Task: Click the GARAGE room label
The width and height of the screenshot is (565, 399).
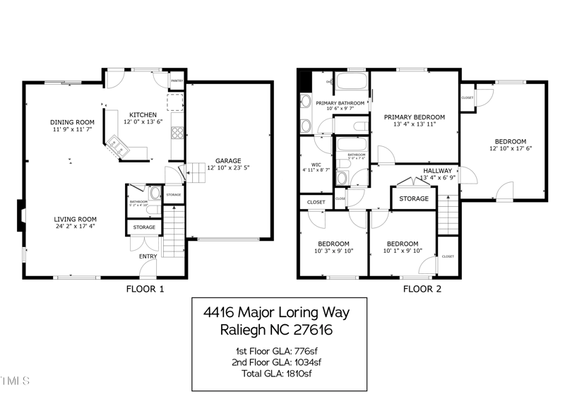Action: pyautogui.click(x=224, y=160)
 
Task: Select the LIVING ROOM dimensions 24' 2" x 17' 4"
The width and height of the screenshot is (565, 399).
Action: pyautogui.click(x=75, y=227)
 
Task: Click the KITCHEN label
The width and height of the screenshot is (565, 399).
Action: pyautogui.click(x=143, y=114)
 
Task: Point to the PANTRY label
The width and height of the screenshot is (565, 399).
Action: pyautogui.click(x=177, y=81)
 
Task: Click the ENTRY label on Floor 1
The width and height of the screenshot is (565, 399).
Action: pyautogui.click(x=148, y=256)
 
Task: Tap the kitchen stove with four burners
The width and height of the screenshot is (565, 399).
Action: pyautogui.click(x=177, y=132)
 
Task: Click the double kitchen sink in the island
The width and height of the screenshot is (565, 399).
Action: pyautogui.click(x=116, y=147)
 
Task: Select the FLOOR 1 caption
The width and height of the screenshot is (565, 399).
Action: pyautogui.click(x=145, y=289)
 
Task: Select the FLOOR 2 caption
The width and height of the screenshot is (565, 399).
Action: pyautogui.click(x=422, y=289)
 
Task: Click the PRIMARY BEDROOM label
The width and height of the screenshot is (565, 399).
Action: pyautogui.click(x=414, y=117)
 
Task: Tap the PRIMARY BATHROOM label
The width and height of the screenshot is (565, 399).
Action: pyautogui.click(x=340, y=103)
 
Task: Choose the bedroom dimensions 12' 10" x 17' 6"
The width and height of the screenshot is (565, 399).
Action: pyautogui.click(x=509, y=148)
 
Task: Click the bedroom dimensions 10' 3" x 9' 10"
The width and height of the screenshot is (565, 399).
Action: pyautogui.click(x=333, y=250)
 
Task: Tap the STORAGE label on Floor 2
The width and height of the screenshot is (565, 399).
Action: pyautogui.click(x=413, y=198)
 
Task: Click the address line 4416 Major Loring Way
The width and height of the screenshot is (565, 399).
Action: pyautogui.click(x=276, y=312)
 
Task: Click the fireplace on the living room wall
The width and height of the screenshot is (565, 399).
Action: pyautogui.click(x=21, y=217)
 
